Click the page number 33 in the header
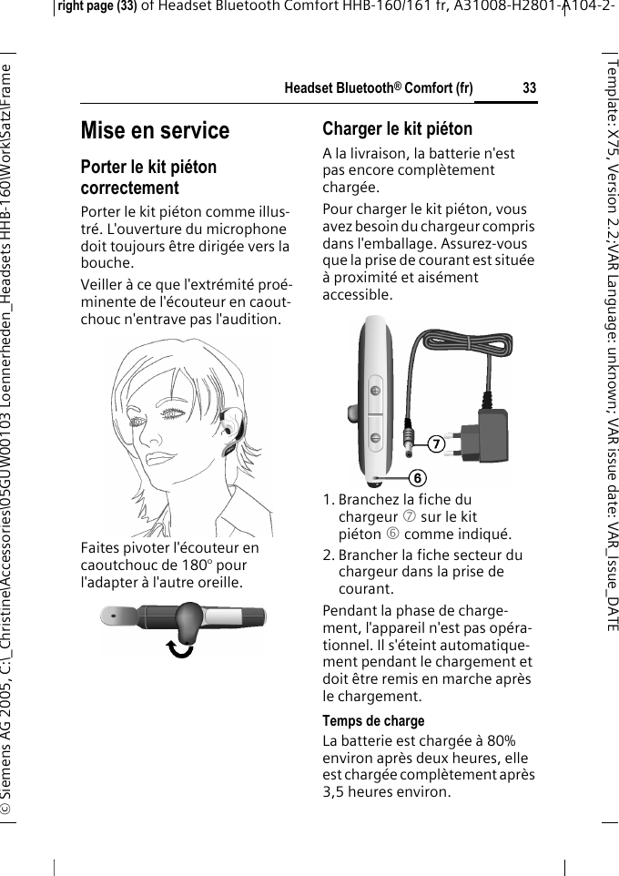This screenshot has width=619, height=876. tap(529, 88)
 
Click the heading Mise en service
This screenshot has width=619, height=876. tap(155, 131)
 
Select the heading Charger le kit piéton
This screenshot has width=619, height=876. tap(397, 128)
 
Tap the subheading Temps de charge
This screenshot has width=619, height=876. tap(373, 721)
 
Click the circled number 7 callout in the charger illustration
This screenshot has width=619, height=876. tap(438, 444)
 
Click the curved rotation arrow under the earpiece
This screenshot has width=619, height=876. tap(182, 648)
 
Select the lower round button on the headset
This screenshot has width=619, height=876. tap(375, 437)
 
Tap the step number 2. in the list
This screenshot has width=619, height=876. tap(329, 555)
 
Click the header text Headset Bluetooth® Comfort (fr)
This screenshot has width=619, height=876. tap(379, 88)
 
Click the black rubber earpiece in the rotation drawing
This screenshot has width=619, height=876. tap(187, 622)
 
